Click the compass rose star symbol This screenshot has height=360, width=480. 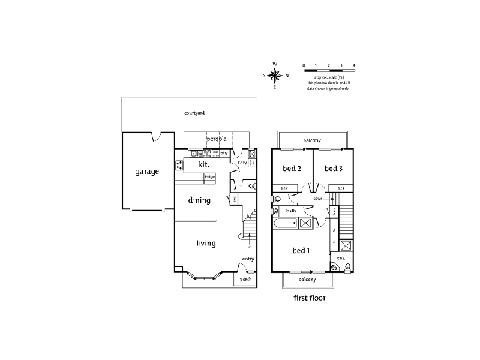click(x=275, y=76)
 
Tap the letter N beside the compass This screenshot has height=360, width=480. click(x=287, y=76)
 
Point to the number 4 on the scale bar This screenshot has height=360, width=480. click(x=355, y=64)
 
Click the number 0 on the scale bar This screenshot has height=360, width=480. click(x=304, y=64)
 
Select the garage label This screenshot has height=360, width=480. click(x=146, y=172)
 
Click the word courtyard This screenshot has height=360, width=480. click(x=194, y=112)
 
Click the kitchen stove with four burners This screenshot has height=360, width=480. click(x=179, y=166)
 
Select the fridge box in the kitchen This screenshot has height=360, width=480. click(x=209, y=177)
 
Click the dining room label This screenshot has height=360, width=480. click(x=199, y=200)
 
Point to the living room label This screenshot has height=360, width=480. click(x=206, y=243)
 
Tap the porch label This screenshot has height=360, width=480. click(x=245, y=280)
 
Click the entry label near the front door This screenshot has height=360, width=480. click(x=248, y=259)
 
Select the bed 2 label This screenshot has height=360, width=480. click(x=292, y=169)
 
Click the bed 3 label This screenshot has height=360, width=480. click(x=333, y=169)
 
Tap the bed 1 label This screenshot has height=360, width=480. click(x=301, y=250)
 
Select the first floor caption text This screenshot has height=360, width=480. click(x=309, y=297)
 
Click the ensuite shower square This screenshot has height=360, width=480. click(x=346, y=245)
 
